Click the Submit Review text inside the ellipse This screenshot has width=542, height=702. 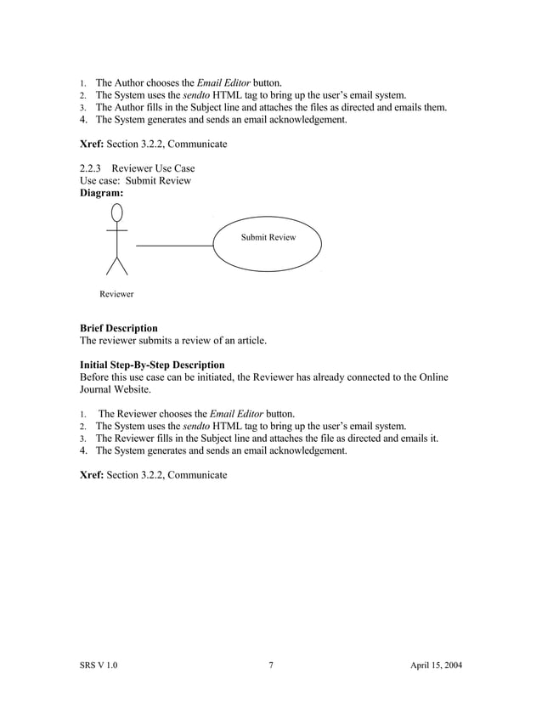(268, 237)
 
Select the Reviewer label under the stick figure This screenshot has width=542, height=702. (116, 294)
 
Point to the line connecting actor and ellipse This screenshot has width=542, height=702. (175, 246)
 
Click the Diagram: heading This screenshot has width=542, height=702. (101, 193)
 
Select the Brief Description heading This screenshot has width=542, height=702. (118, 328)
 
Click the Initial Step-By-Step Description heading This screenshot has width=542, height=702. (152, 365)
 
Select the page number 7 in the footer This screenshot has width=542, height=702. (270, 665)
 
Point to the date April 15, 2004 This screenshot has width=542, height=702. (436, 665)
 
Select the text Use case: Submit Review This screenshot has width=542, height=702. (135, 180)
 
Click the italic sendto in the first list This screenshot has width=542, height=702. (198, 95)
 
